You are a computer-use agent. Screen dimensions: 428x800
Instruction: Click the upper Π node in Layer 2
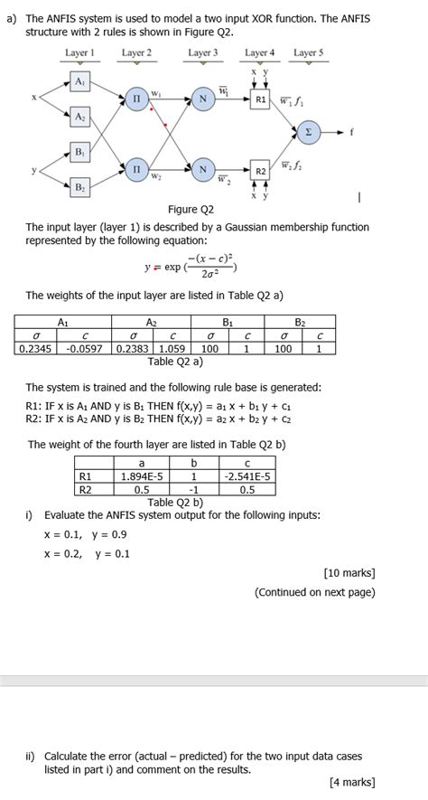136,99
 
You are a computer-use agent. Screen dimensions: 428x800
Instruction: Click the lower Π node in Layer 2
136,169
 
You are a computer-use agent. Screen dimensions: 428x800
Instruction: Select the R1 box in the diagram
261,99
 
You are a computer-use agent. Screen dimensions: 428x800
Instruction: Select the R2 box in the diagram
261,170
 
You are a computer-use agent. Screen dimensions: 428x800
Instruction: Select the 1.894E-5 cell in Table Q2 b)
141,476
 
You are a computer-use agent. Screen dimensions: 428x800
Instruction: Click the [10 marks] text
349,573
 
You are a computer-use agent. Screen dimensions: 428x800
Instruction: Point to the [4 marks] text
351,783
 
